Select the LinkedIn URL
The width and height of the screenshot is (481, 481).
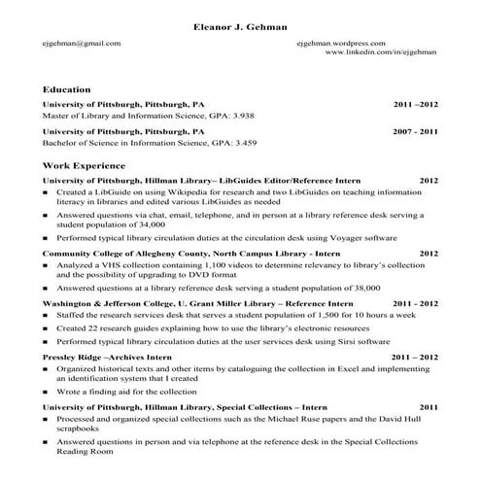(x=382, y=52)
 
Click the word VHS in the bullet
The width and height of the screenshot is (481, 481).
(x=111, y=264)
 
